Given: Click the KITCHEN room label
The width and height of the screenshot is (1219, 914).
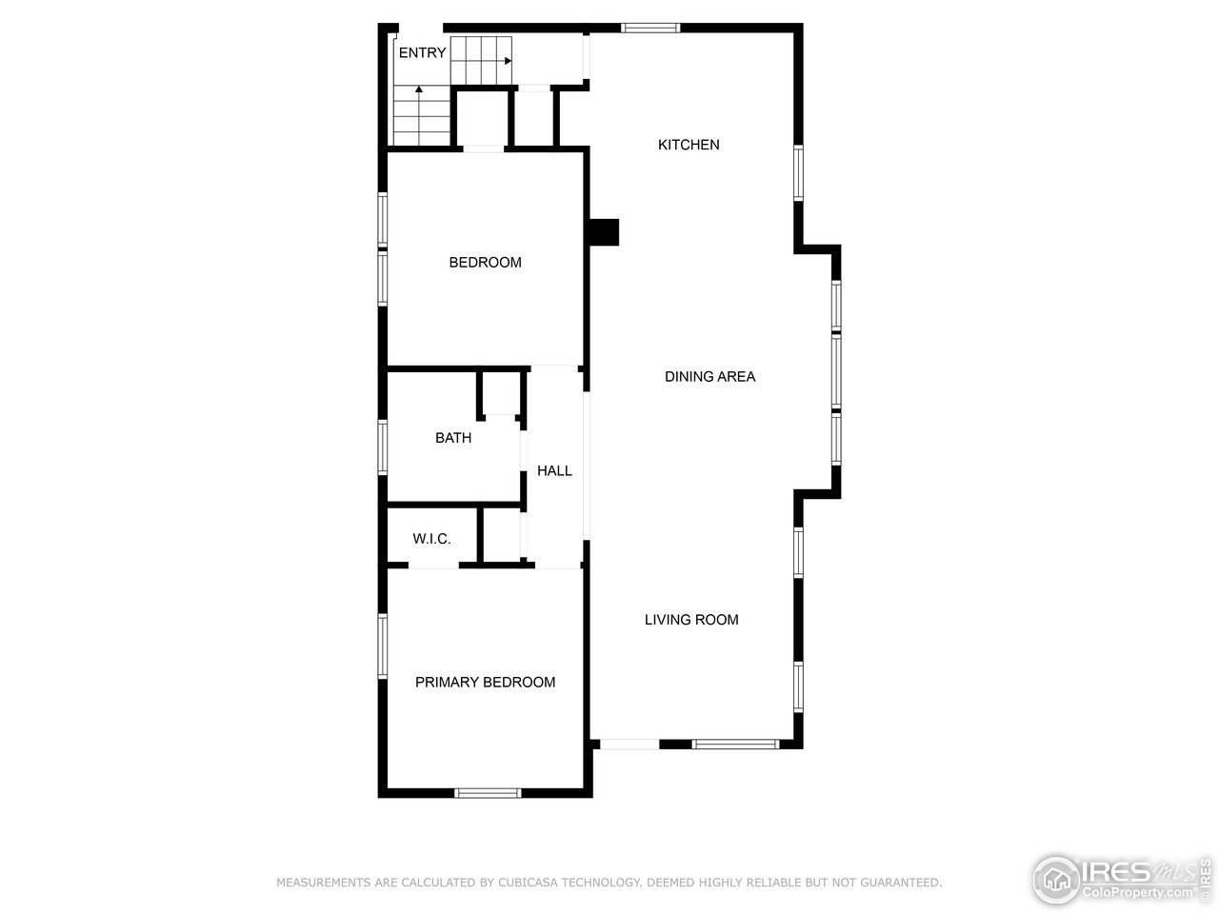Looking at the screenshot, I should tap(689, 145).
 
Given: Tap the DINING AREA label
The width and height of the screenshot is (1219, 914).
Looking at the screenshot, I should tap(709, 377).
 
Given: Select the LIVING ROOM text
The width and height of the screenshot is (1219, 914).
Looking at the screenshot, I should tap(691, 620).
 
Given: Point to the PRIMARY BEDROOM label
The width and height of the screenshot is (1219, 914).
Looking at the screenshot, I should tap(485, 683).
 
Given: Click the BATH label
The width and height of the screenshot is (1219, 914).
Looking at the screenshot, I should tap(453, 438).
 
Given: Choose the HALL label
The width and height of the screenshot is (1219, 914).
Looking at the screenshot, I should tap(554, 470).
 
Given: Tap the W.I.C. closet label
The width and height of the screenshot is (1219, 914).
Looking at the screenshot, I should tap(431, 540).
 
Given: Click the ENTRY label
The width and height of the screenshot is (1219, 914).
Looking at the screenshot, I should tap(422, 53).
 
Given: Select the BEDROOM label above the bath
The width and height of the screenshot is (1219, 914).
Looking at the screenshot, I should tap(485, 263).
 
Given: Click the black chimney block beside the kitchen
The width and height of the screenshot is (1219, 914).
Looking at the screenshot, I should tap(603, 232).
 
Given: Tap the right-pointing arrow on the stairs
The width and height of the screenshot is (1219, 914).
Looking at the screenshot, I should tap(508, 60).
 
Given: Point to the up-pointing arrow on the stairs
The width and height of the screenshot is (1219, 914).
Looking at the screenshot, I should tap(419, 89).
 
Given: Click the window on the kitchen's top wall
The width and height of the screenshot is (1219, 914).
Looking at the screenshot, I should tap(650, 28).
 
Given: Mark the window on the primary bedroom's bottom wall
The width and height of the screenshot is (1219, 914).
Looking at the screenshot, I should tap(488, 792).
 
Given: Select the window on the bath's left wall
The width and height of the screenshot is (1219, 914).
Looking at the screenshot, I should tap(383, 447).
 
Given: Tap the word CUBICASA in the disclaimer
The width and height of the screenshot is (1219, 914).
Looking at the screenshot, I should tap(529, 883).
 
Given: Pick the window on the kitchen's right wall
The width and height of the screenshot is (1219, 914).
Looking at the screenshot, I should tap(798, 172).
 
